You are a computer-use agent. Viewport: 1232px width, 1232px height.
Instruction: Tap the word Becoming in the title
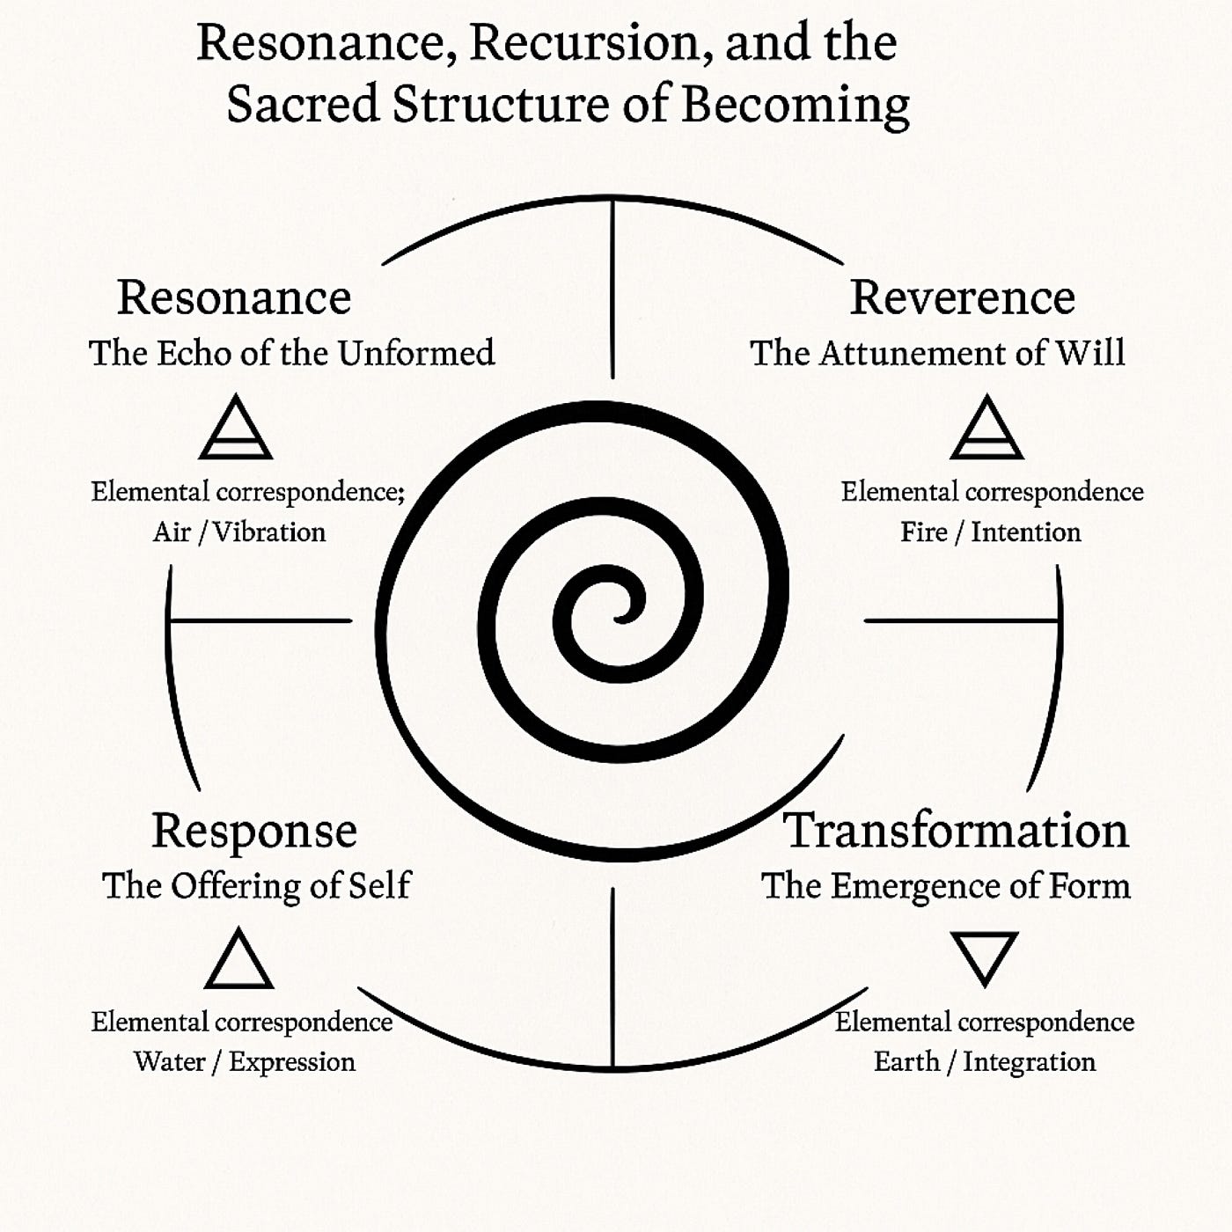coord(796,106)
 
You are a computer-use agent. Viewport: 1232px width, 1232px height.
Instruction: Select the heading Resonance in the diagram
coord(234,297)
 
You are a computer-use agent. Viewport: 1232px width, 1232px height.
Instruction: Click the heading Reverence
coord(962,297)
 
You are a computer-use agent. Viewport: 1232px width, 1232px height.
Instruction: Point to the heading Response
coord(254,831)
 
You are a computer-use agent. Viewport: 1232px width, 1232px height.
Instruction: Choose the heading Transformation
coord(956,831)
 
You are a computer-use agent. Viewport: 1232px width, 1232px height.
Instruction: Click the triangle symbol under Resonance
coord(236,429)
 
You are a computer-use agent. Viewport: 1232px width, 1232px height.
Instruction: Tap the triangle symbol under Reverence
coord(986,429)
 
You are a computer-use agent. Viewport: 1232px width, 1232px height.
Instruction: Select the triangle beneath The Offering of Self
coord(238,961)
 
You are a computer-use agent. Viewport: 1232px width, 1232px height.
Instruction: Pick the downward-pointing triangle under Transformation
coord(985,956)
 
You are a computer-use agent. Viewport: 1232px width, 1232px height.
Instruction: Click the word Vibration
coord(270,532)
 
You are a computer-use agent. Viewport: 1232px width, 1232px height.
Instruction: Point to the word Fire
coord(923,532)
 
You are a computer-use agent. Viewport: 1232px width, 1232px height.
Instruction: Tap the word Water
coord(171,1061)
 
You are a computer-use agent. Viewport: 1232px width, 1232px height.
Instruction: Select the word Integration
coord(1029,1062)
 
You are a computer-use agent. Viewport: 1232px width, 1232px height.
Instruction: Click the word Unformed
coord(415,354)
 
